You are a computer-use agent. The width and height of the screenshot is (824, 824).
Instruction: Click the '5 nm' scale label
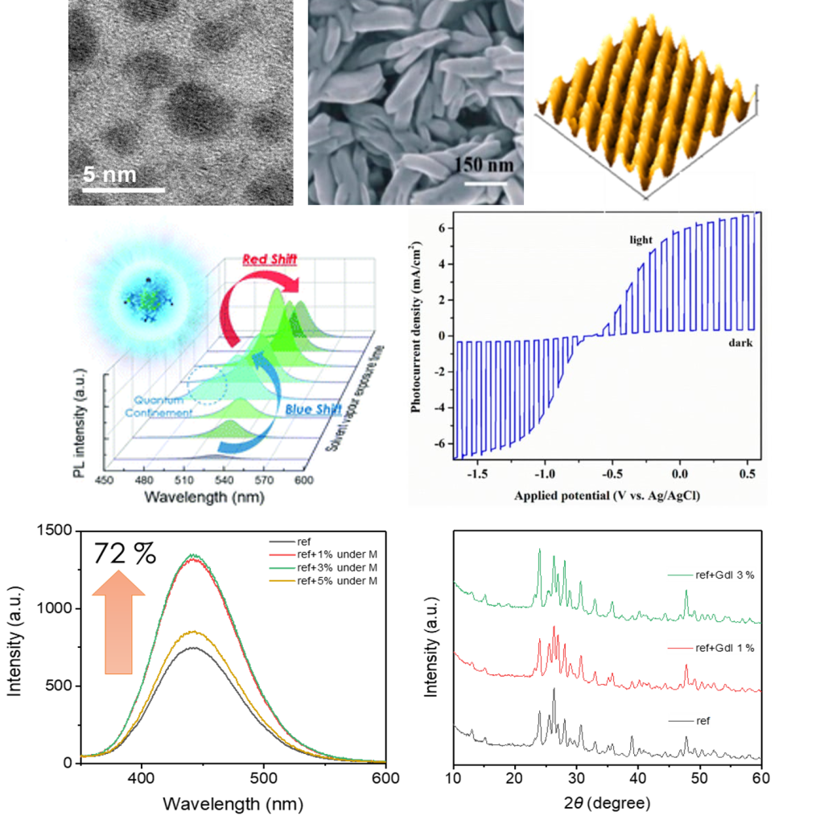110,174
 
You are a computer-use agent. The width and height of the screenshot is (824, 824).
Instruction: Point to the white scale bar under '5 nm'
124,191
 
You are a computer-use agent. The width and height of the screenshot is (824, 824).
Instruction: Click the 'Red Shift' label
270,259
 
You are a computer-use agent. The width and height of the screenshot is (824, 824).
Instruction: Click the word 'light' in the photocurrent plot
641,240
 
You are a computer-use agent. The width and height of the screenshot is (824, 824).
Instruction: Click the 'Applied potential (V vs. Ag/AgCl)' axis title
608,496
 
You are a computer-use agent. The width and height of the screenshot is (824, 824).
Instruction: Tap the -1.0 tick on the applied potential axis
546,475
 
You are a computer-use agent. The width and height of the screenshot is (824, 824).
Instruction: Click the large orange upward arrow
118,620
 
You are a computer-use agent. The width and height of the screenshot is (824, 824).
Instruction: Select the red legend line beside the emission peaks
284,555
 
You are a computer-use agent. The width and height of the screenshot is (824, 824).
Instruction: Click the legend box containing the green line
711,574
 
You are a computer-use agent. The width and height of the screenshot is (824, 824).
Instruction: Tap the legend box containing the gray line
689,720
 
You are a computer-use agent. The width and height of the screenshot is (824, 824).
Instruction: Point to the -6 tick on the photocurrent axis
442,443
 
